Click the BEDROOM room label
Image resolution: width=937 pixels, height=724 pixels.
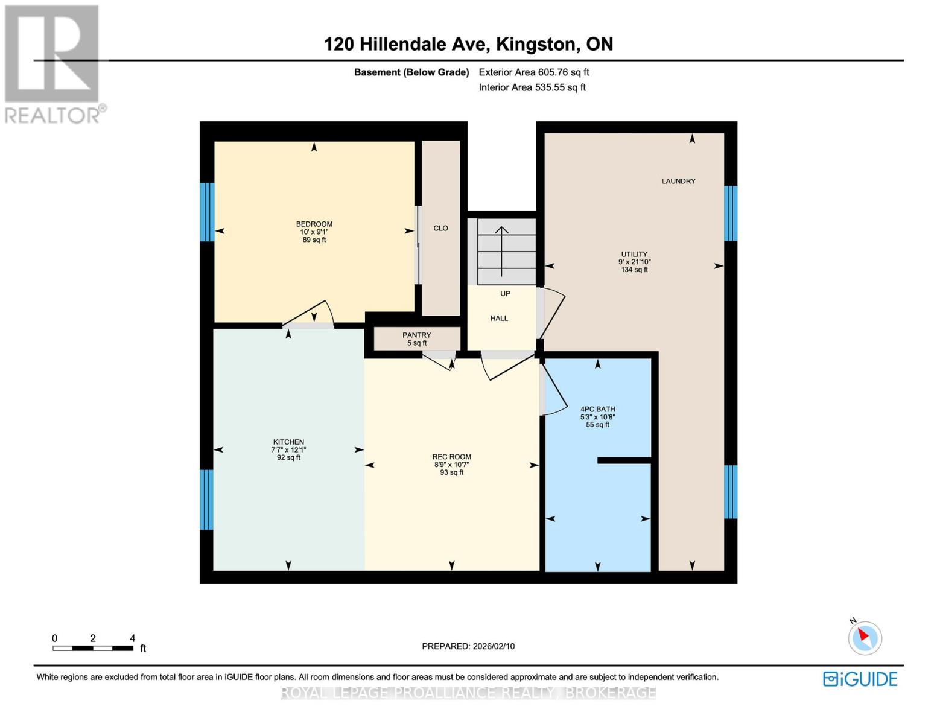[x=314, y=224]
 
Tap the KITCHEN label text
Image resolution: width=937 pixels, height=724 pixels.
[x=288, y=442]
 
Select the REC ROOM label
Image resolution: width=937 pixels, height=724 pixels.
[x=451, y=457]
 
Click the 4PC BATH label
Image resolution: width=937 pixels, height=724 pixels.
[x=597, y=410]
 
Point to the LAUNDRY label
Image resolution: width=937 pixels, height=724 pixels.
[x=678, y=181]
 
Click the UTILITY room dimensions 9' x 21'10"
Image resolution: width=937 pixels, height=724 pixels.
[x=634, y=262]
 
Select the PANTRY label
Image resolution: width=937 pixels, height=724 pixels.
[x=416, y=335]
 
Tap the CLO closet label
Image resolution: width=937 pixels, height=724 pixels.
[x=440, y=228]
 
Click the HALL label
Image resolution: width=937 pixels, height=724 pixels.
[x=499, y=319]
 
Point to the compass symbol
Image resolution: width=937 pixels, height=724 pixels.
[x=865, y=638]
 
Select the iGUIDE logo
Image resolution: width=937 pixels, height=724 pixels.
[x=860, y=679]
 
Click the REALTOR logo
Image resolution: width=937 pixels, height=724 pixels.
[x=53, y=63]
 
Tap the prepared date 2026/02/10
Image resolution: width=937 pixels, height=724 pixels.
[x=468, y=646]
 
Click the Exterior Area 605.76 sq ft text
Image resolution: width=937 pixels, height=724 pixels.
[x=533, y=72]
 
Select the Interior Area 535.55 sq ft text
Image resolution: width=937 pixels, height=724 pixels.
[x=532, y=87]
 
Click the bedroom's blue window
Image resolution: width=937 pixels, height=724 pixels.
[x=207, y=212]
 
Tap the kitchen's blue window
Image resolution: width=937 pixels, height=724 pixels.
[x=206, y=500]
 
